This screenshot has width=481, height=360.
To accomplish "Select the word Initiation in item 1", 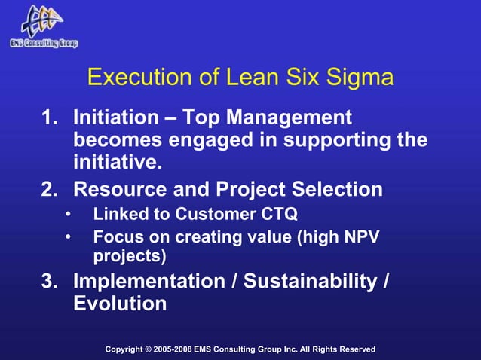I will [x=117, y=118].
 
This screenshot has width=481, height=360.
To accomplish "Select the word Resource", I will [x=121, y=188].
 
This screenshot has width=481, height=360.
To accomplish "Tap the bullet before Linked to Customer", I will [x=67, y=215].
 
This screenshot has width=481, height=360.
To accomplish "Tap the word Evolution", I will [x=119, y=304].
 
